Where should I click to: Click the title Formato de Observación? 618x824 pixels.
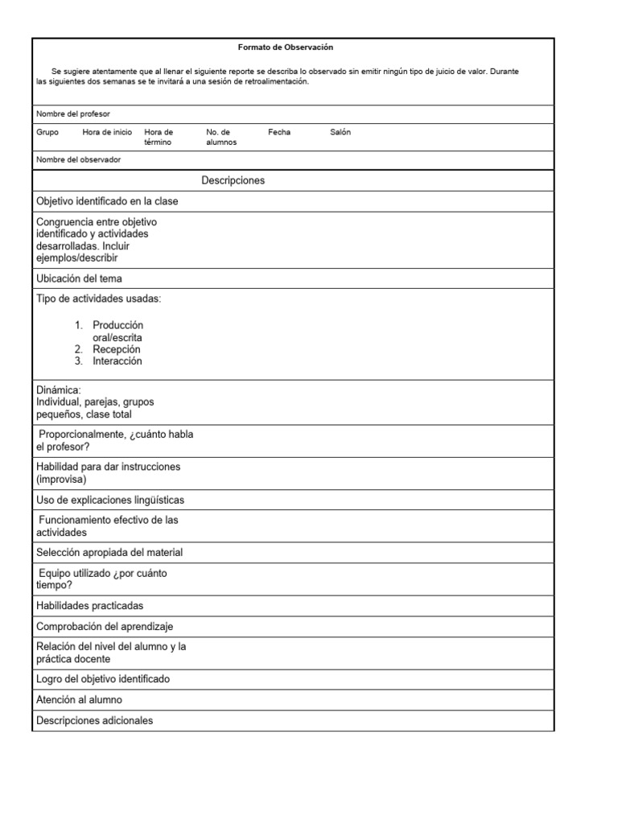coord(285,47)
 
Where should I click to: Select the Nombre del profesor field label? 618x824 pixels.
coord(73,114)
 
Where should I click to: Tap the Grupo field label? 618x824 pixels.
coord(47,132)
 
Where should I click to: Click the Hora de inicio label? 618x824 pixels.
coord(107,132)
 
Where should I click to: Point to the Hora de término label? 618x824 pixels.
coord(159,137)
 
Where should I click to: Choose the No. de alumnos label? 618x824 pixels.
coord(221,137)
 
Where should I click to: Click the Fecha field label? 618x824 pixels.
coord(279,132)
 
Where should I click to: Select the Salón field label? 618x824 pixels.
coord(340,132)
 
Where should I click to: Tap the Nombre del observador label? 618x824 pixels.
coord(78,159)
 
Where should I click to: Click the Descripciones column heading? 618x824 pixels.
coord(233,180)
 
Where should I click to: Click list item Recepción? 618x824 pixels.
coord(116,349)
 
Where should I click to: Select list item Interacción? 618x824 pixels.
coord(117,361)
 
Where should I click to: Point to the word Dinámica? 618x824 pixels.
coord(59,390)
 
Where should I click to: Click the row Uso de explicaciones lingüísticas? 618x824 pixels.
coord(110,500)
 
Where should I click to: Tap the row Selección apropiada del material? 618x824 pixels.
coord(109,553)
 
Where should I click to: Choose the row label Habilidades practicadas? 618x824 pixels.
coord(90,606)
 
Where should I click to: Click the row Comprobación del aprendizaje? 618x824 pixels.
coord(105,626)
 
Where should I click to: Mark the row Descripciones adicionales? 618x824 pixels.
coord(94,721)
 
